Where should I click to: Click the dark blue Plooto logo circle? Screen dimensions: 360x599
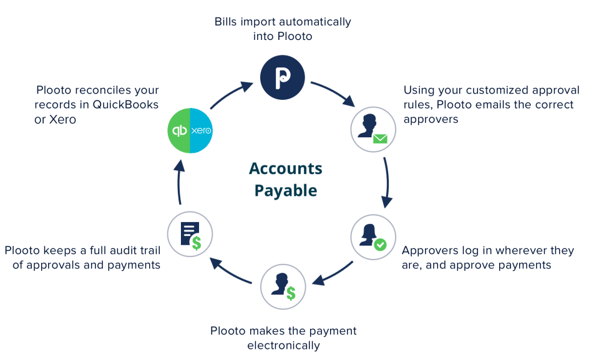click(283, 77)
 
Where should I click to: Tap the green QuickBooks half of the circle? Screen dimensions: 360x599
click(179, 131)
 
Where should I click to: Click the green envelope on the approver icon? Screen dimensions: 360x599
click(380, 139)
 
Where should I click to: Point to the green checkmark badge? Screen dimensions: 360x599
click(380, 246)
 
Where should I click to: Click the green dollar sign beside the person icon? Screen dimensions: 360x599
click(291, 293)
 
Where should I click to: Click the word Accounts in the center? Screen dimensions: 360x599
click(286, 168)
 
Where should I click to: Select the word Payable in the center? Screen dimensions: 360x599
click(286, 190)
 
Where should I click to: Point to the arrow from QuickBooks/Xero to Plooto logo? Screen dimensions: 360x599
click(231, 94)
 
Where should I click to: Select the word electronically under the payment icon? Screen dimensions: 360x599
click(283, 345)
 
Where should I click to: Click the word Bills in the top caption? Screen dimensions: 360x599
click(226, 22)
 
